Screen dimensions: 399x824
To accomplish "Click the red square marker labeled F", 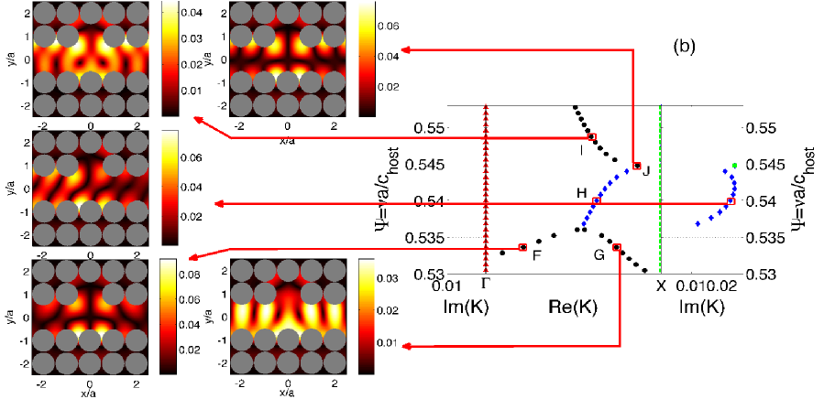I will [x=522, y=247].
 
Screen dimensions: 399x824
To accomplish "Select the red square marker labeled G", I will [x=617, y=247].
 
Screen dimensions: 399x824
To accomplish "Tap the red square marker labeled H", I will [x=597, y=201].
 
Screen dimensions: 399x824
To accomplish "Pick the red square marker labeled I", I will [x=592, y=137].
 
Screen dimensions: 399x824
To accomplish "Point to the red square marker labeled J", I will [x=637, y=166].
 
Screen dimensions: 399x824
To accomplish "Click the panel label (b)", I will [x=686, y=45].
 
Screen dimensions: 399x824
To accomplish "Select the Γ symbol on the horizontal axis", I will [x=485, y=286].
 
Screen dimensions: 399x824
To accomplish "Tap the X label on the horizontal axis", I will [x=661, y=286].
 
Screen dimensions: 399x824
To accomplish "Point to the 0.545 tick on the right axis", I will [x=766, y=165].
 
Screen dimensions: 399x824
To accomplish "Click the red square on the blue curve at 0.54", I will [x=731, y=201].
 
